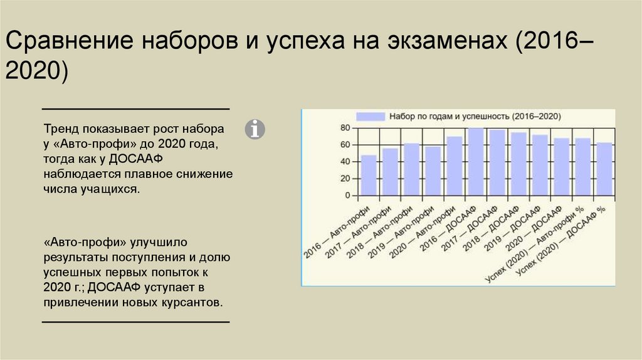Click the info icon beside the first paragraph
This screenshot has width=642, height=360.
tap(255, 129)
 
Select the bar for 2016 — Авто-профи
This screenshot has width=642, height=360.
tap(369, 175)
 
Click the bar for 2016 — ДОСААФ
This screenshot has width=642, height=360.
tap(475, 162)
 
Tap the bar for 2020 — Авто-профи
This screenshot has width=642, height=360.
tap(454, 166)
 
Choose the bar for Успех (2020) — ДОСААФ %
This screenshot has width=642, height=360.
tap(604, 169)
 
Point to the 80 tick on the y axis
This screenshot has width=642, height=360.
tap(345, 128)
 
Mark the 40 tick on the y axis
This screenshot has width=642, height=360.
tap(345, 162)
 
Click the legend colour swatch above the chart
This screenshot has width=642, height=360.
tap(370, 117)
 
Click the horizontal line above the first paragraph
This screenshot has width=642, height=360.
tap(135, 109)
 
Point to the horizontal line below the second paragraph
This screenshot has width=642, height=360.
tap(135, 322)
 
